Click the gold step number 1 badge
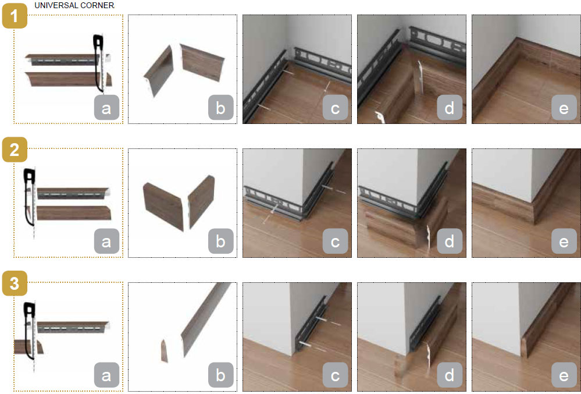[x=15, y=16]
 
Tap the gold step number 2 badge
[x=15, y=150]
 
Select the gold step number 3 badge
[x=15, y=283]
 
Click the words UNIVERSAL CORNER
[x=74, y=5]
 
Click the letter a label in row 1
[x=106, y=108]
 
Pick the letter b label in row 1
[x=220, y=108]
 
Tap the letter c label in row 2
[x=335, y=241]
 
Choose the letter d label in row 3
[x=450, y=375]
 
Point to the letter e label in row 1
[x=564, y=108]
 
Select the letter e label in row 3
[x=564, y=375]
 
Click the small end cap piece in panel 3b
[x=164, y=350]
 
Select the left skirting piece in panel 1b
[x=159, y=71]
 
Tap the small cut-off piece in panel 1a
[x=109, y=79]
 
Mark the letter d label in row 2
[x=450, y=241]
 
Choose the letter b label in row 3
[x=220, y=375]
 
